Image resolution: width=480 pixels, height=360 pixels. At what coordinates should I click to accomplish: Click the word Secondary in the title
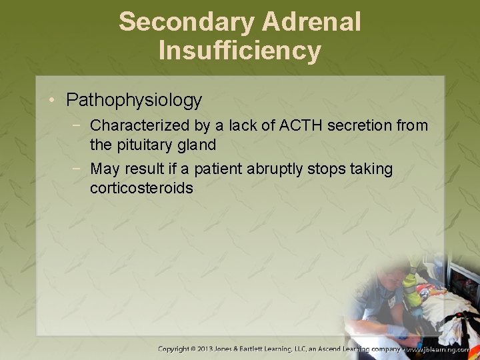(x=186, y=22)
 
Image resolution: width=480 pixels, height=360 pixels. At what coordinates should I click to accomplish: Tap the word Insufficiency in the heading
(x=240, y=51)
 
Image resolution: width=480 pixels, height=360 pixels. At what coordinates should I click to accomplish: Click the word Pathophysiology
(x=134, y=101)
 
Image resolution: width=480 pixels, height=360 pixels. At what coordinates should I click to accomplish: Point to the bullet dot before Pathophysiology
(x=53, y=101)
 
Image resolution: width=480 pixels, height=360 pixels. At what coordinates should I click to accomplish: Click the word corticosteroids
(x=141, y=188)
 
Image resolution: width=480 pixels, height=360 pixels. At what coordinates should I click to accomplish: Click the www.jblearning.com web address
(x=441, y=349)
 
